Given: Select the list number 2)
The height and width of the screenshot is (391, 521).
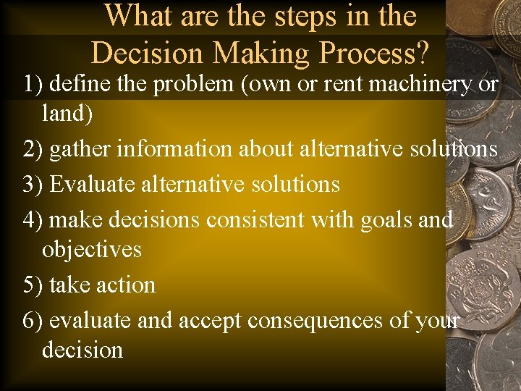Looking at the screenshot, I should click(34, 148).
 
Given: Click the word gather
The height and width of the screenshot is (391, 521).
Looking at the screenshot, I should click(80, 149).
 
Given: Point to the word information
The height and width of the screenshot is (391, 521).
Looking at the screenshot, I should click(174, 148).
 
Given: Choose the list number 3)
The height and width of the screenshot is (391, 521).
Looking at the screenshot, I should click(34, 184).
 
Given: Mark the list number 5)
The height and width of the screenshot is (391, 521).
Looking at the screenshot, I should click(34, 285).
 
